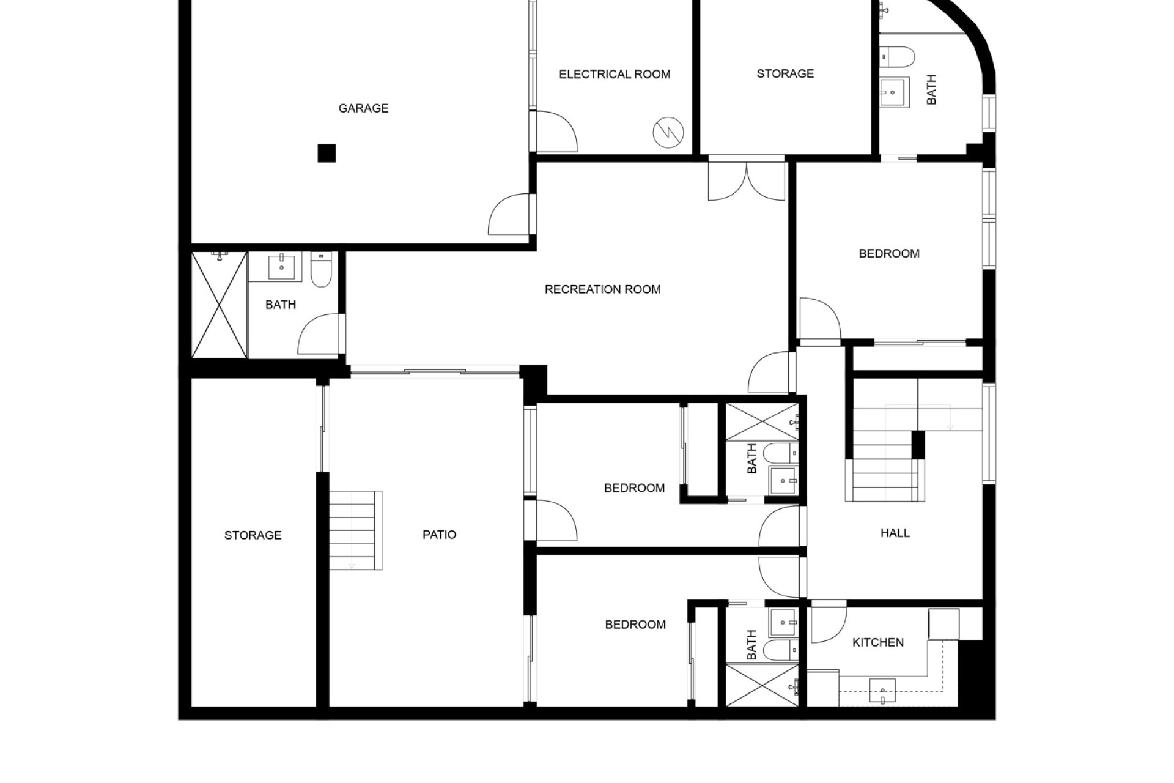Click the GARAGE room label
363,108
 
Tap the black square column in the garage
327,153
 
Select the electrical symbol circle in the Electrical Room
668,132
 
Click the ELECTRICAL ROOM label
615,75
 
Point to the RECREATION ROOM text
602,289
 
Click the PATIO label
439,535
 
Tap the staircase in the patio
356,530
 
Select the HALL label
895,533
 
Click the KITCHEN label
878,642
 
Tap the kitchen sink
882,691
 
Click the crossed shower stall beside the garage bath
220,305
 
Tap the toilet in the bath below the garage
321,270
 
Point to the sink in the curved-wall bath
893,93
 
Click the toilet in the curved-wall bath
897,58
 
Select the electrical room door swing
556,132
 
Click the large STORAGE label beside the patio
253,535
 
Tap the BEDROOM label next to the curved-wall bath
889,254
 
